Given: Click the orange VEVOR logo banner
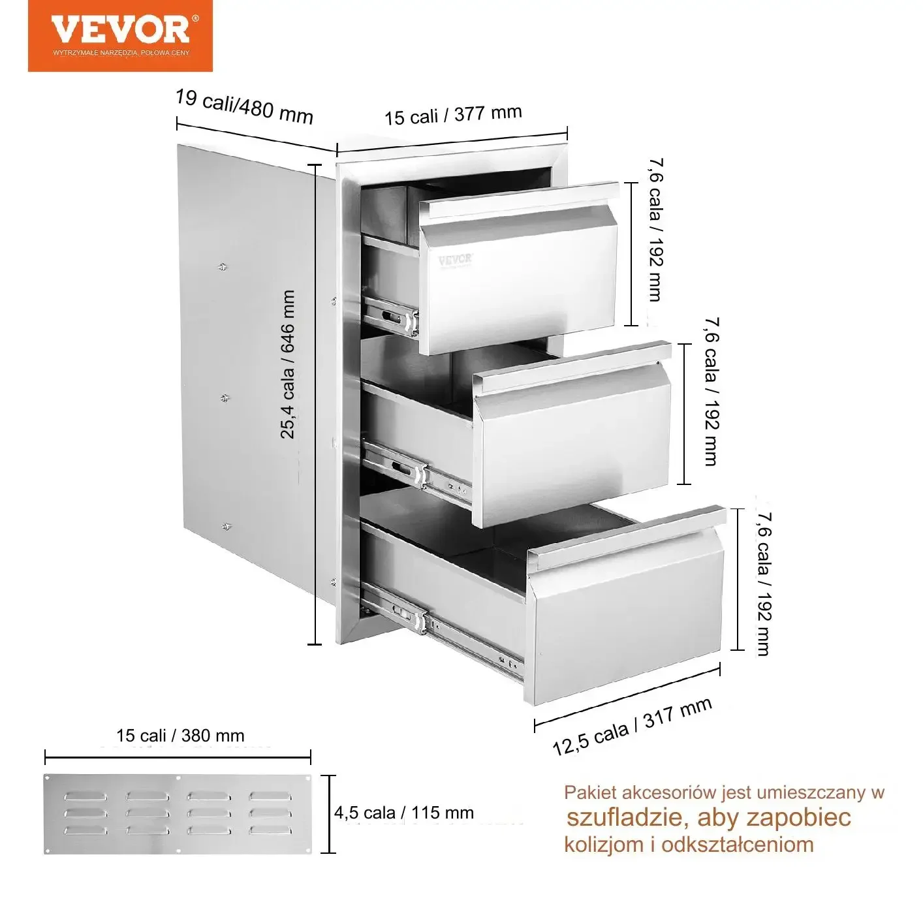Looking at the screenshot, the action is pos(120,35).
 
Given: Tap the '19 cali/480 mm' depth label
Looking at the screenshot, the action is pos(244,107).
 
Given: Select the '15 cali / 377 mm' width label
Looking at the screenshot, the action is pos(453,115).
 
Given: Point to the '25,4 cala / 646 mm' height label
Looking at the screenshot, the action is pos(287,364).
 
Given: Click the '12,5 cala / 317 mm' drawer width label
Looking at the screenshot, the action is pos(633,727).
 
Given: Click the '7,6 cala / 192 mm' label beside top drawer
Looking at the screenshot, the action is pos(656,230).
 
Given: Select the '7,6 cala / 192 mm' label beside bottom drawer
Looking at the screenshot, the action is pos(764,584).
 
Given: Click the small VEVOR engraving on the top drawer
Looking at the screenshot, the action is pos(456,260).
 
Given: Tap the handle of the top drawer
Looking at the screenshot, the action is pos(519,200).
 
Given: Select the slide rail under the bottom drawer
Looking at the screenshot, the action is pos(443,633).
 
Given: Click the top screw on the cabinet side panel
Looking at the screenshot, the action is pos(222,267).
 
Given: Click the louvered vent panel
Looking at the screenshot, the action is pos(178,814).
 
